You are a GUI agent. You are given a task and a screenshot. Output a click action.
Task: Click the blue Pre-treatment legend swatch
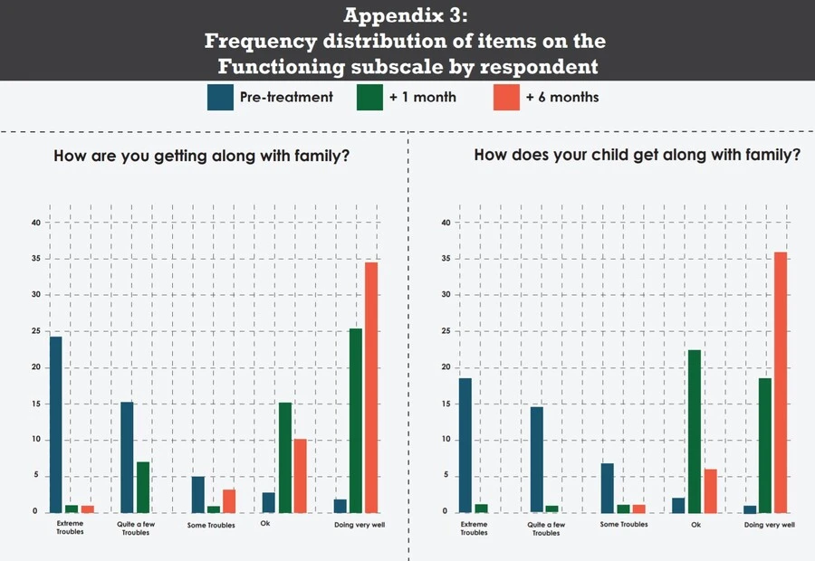[220, 97]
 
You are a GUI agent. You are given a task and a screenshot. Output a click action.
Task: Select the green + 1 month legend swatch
[369, 97]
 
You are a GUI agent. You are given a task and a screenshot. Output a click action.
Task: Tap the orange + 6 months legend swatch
[506, 97]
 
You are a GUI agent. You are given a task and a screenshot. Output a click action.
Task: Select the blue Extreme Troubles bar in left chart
[56, 424]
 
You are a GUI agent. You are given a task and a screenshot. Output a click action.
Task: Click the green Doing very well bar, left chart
[355, 420]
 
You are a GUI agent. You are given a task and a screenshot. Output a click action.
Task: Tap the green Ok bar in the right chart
[695, 431]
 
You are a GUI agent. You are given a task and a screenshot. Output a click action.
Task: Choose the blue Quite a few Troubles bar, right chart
[537, 460]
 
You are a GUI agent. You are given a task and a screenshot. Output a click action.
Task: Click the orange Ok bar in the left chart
[300, 475]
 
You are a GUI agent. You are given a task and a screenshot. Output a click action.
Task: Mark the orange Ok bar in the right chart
[711, 490]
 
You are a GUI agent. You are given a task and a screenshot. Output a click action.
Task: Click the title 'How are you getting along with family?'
[202, 156]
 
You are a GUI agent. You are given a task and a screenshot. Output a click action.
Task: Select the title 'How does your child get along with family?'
[638, 155]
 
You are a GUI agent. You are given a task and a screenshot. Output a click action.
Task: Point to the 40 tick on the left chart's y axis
[35, 223]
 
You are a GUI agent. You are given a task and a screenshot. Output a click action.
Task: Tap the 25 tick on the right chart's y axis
[444, 331]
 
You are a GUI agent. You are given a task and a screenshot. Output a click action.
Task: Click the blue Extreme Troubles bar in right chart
[465, 445]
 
